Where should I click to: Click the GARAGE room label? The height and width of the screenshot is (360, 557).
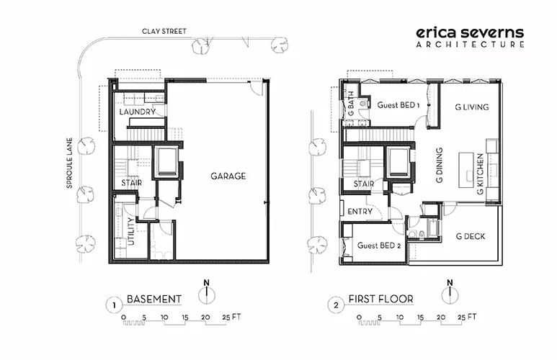point(228,176)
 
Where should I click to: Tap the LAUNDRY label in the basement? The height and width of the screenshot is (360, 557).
point(138,112)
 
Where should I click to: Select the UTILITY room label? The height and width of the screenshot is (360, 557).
point(131,231)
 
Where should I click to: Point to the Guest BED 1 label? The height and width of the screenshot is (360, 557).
point(398,105)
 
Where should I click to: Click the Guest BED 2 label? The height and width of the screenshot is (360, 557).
point(379,246)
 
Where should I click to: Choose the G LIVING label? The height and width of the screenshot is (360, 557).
point(472,107)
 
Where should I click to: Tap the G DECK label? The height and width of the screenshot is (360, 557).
point(471,236)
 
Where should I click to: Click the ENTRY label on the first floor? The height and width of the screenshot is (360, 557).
point(360,212)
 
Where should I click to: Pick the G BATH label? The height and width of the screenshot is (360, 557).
point(351,103)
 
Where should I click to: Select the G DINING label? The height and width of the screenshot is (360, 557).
point(440,166)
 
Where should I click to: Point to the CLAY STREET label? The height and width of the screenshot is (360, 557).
point(164,31)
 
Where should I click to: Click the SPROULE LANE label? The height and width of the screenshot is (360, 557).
point(70,163)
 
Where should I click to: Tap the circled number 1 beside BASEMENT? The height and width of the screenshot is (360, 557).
point(114,305)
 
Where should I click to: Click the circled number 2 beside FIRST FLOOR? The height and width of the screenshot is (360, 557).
point(336,305)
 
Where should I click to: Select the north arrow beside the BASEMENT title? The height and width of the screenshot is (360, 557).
point(206,293)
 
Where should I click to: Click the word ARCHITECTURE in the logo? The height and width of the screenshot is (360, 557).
point(471,45)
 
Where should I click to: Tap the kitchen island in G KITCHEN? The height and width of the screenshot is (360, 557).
point(466,170)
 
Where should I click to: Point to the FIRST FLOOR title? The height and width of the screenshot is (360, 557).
point(380,299)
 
